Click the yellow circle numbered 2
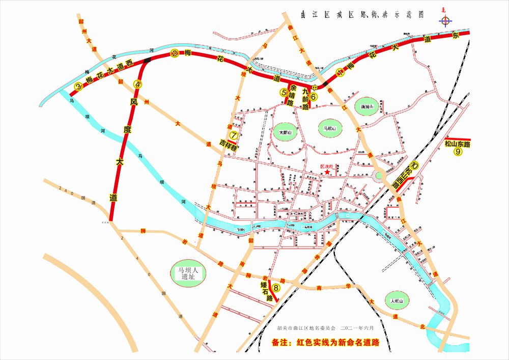pos(175,53)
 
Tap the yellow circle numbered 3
pos(78,87)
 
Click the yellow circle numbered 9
pos(458,151)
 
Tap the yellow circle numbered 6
pos(314,96)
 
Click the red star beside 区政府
pos(326,173)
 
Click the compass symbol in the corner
pos(446,21)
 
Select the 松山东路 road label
pos(457,144)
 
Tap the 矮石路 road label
pos(264,289)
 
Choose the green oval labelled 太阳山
pos(286,133)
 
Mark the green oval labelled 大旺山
pos(397,301)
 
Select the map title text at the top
pos(362,15)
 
